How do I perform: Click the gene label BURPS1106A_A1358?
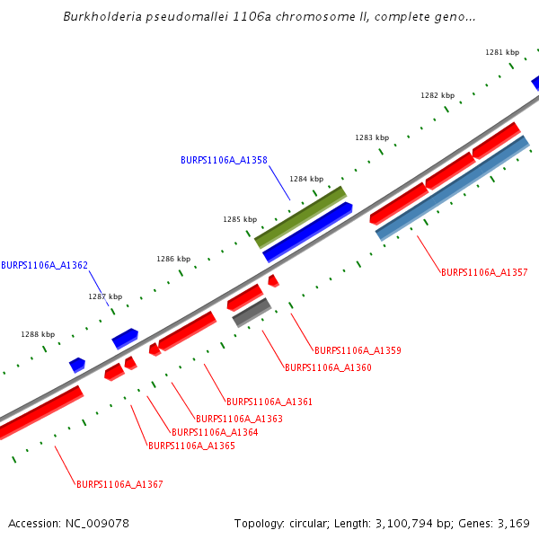tap(224, 160)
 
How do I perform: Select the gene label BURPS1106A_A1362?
tap(44, 265)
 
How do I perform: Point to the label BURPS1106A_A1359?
tap(358, 350)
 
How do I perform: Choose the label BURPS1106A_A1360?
tap(328, 367)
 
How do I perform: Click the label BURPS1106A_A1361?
tap(269, 402)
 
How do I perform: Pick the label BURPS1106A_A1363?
tap(239, 419)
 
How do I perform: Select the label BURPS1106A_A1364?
tap(215, 432)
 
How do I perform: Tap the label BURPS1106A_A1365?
tap(191, 446)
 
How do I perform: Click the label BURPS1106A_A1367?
tap(119, 484)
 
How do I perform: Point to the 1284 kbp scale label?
tap(305, 179)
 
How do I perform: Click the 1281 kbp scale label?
tap(502, 52)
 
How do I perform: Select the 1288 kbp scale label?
tap(38, 334)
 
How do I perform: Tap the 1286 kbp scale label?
tap(173, 259)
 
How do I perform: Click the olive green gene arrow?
tap(300, 217)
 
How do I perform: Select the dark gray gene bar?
tap(252, 313)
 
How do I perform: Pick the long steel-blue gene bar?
tap(453, 188)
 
